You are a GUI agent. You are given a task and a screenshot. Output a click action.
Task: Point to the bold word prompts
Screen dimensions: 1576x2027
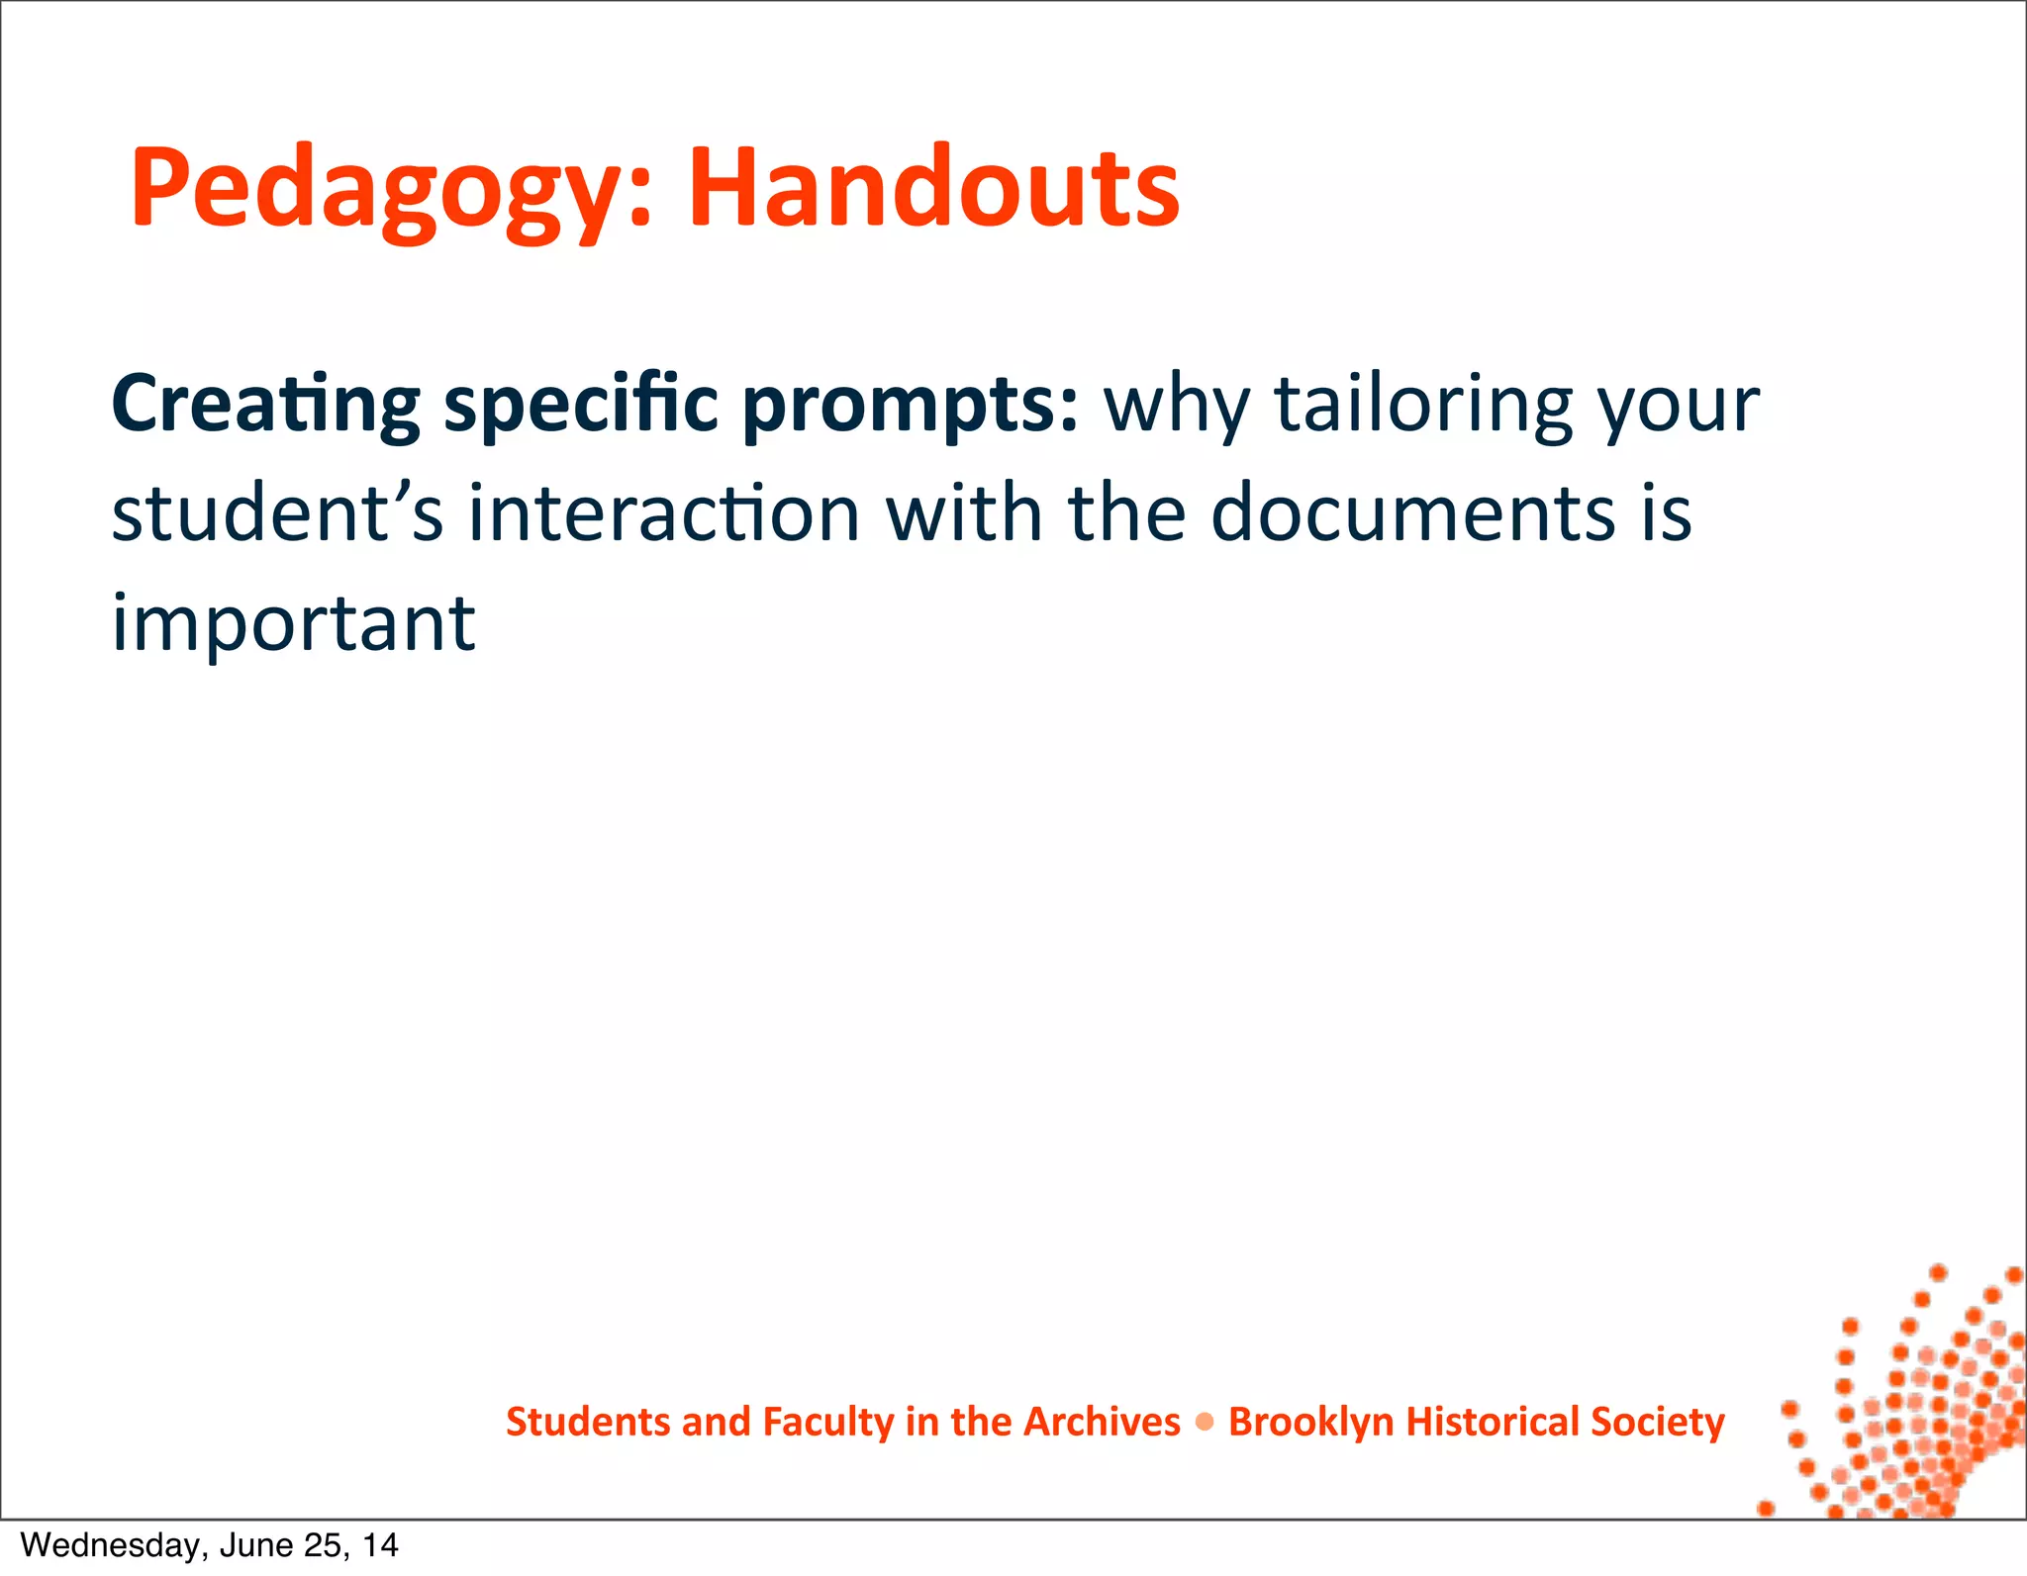pyautogui.click(x=909, y=406)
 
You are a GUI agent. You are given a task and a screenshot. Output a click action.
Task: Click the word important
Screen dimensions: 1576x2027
pyautogui.click(x=293, y=623)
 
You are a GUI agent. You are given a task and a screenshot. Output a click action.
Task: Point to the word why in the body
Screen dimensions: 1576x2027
pyautogui.click(x=1178, y=406)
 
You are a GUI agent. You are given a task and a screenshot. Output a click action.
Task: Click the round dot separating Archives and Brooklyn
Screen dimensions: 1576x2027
pyautogui.click(x=1205, y=1423)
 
